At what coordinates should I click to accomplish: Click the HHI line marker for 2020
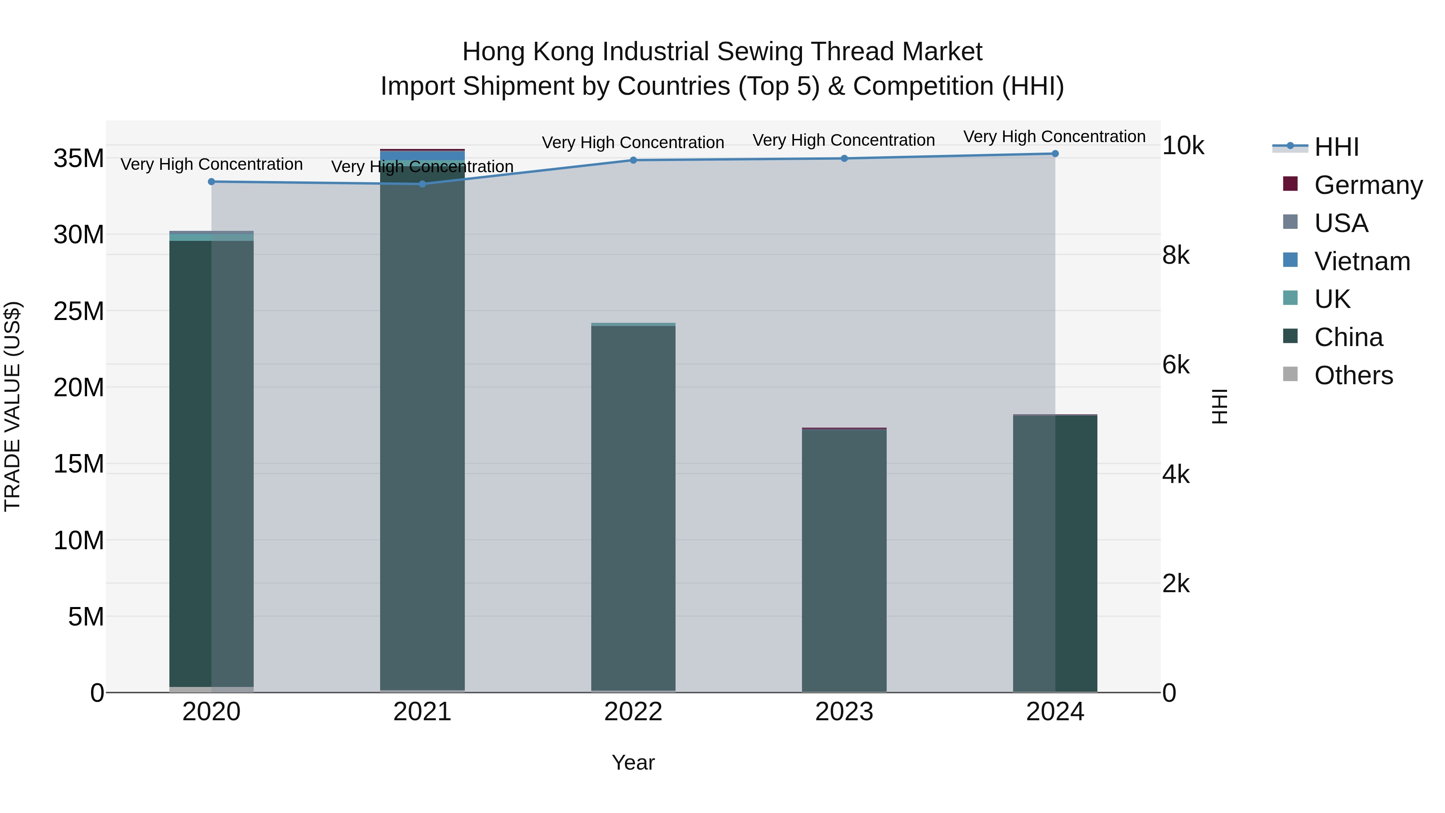tap(212, 182)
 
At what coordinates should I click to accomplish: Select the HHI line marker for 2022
tap(633, 161)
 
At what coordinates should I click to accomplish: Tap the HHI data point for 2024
tap(1055, 154)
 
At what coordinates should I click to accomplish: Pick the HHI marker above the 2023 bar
tap(844, 159)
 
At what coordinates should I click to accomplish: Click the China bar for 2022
tap(633, 505)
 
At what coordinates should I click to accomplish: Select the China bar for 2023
tap(844, 561)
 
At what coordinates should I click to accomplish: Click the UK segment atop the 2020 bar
tap(212, 237)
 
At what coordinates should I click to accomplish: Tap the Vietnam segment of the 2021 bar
tap(422, 155)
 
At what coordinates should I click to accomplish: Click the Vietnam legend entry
tap(1362, 261)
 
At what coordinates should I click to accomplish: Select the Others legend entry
tap(1353, 375)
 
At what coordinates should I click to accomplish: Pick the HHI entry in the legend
tap(1336, 147)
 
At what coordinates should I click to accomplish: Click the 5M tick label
tap(86, 617)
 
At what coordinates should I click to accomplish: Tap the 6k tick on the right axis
tap(1176, 365)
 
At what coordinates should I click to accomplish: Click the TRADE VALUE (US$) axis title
tap(12, 407)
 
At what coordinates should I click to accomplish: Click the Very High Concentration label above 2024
tap(1054, 137)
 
